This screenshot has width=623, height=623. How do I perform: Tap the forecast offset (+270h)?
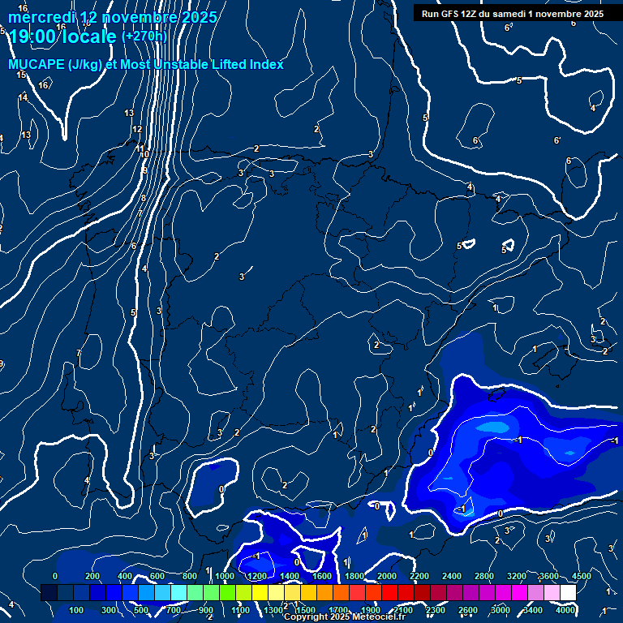144,36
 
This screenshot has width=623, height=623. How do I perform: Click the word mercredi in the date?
41,17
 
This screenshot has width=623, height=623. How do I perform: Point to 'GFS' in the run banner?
453,14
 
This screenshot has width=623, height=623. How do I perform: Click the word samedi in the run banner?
507,14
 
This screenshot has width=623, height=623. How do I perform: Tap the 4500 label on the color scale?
582,576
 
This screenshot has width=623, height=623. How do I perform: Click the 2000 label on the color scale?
387,576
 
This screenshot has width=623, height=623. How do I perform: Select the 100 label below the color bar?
77,610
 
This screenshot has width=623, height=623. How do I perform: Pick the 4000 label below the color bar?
567,610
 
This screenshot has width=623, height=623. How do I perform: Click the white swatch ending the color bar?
568,593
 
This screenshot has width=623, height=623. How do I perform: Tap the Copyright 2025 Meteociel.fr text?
345,617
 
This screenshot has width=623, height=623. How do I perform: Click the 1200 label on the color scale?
256,576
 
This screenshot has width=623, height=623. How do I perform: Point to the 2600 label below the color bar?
468,610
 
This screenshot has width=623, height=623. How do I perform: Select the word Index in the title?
266,64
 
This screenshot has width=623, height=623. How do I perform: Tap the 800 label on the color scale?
190,576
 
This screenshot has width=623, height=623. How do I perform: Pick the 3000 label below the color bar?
501,610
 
